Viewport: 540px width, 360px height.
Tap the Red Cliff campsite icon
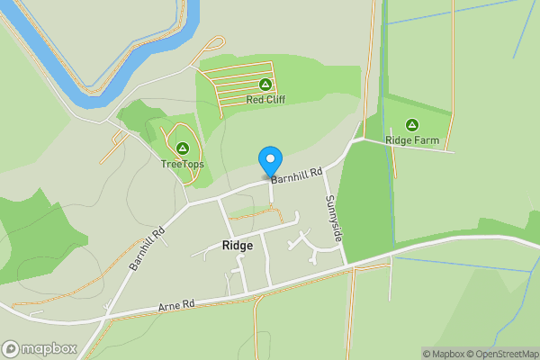[x=265, y=84]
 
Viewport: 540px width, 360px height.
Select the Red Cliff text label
[x=265, y=100]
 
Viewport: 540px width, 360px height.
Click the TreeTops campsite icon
[x=183, y=148]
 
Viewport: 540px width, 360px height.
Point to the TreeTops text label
[x=183, y=164]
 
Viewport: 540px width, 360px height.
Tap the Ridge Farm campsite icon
[x=412, y=124]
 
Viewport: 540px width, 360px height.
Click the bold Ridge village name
[x=238, y=245]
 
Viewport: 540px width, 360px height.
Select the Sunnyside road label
[x=333, y=217]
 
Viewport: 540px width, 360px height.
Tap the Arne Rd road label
[x=176, y=306]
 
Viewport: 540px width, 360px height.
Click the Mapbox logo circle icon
[x=12, y=348]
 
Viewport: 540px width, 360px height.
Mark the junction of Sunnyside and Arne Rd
[x=347, y=266]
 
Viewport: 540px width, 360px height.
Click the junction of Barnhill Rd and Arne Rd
[x=105, y=318]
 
